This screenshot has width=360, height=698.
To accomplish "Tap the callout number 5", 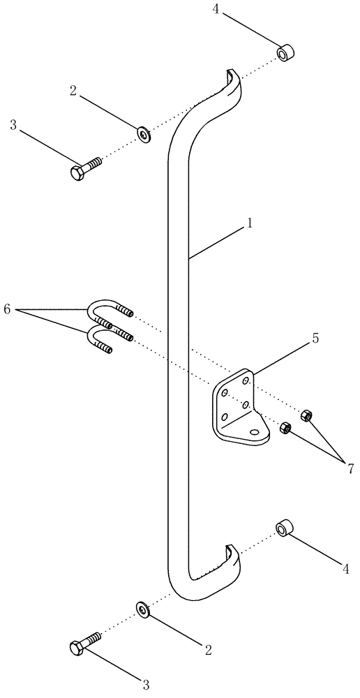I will pyautogui.click(x=315, y=339).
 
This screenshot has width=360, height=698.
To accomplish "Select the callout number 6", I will pyautogui.click(x=8, y=309).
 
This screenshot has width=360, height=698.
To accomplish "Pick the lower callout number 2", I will pyautogui.click(x=208, y=649).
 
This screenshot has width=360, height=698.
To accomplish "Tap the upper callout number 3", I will pyautogui.click(x=13, y=125).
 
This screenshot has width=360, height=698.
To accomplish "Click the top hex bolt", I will pyautogui.click(x=84, y=168).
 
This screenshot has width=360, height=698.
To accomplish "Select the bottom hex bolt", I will pyautogui.click(x=84, y=644).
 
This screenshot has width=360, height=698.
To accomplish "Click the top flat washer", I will pyautogui.click(x=144, y=133).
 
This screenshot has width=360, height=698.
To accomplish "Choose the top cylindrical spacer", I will pyautogui.click(x=285, y=53).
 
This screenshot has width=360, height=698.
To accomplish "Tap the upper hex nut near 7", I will pyautogui.click(x=306, y=416).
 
